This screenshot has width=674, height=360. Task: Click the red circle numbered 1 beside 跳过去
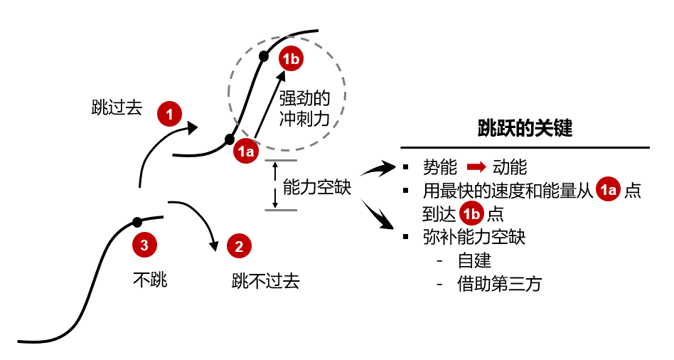point(170,113)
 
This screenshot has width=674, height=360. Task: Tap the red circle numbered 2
point(239,247)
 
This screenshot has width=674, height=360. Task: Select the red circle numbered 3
point(144,246)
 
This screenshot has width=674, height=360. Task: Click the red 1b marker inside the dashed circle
point(291,59)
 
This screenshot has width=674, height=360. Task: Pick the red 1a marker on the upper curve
point(247,150)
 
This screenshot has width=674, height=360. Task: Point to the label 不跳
point(150,280)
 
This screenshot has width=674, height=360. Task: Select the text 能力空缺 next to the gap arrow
point(316,187)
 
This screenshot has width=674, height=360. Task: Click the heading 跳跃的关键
point(526,129)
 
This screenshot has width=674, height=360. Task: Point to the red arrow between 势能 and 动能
point(476,168)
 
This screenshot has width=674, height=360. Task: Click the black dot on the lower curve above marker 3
point(137,221)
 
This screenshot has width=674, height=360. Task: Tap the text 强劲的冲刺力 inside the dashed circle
point(304,109)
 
